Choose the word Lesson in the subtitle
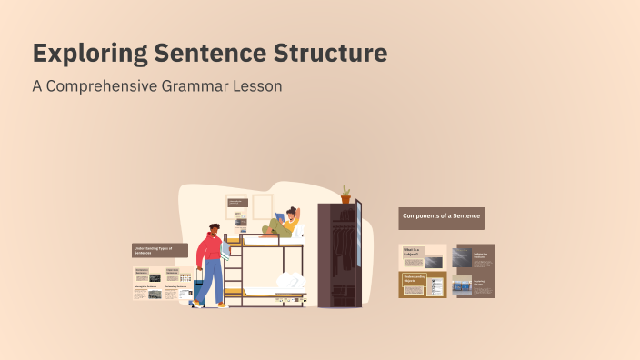click(x=256, y=87)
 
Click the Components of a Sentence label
click(x=441, y=218)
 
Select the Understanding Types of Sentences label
click(x=159, y=250)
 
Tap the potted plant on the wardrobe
click(x=345, y=195)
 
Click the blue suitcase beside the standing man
click(x=196, y=289)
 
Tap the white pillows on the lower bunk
click(x=288, y=282)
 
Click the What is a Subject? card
click(x=423, y=256)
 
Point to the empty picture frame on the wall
click(x=262, y=205)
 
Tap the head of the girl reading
click(x=292, y=214)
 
